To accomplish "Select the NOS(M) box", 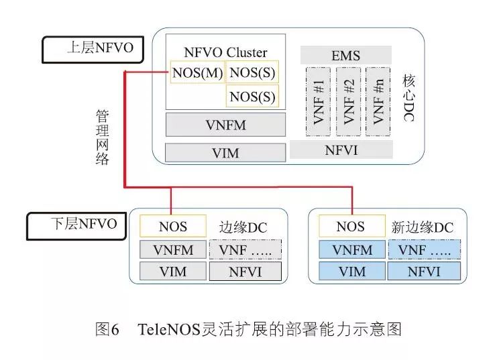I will click(197, 72).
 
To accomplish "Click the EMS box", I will click(345, 55).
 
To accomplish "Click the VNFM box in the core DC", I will click(225, 124).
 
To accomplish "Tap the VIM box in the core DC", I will click(225, 153).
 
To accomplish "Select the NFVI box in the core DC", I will click(341, 149).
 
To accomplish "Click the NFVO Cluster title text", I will click(225, 52).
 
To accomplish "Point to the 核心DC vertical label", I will click(408, 98).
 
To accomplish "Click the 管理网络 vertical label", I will click(101, 137).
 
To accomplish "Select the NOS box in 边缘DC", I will click(172, 226).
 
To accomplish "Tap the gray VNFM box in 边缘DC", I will click(172, 249).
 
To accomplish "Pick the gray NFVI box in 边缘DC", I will click(245, 271).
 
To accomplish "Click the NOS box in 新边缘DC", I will click(350, 226).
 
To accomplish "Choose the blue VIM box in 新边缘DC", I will click(352, 271).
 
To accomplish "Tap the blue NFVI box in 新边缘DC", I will click(424, 271).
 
